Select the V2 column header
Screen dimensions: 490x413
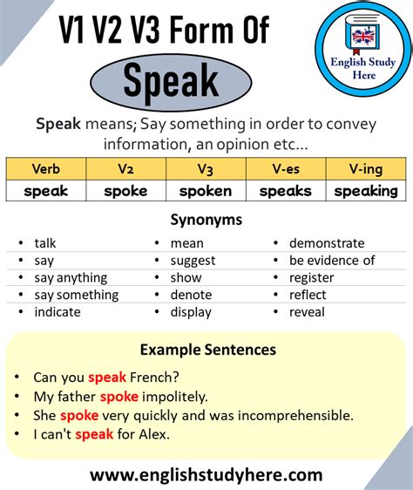point(125,169)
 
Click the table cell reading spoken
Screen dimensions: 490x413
point(206,191)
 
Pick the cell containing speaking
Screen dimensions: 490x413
point(366,191)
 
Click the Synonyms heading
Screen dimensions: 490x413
point(206,221)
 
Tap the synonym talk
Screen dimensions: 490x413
point(45,243)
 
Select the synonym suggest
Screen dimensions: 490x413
point(193,261)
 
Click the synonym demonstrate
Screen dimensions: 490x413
point(327,243)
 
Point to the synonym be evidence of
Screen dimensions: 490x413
point(332,261)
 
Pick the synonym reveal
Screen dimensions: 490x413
point(308,312)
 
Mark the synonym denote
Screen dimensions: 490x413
point(190,295)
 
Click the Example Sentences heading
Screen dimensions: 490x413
point(207,350)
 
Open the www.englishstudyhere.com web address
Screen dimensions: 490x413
point(206,476)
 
